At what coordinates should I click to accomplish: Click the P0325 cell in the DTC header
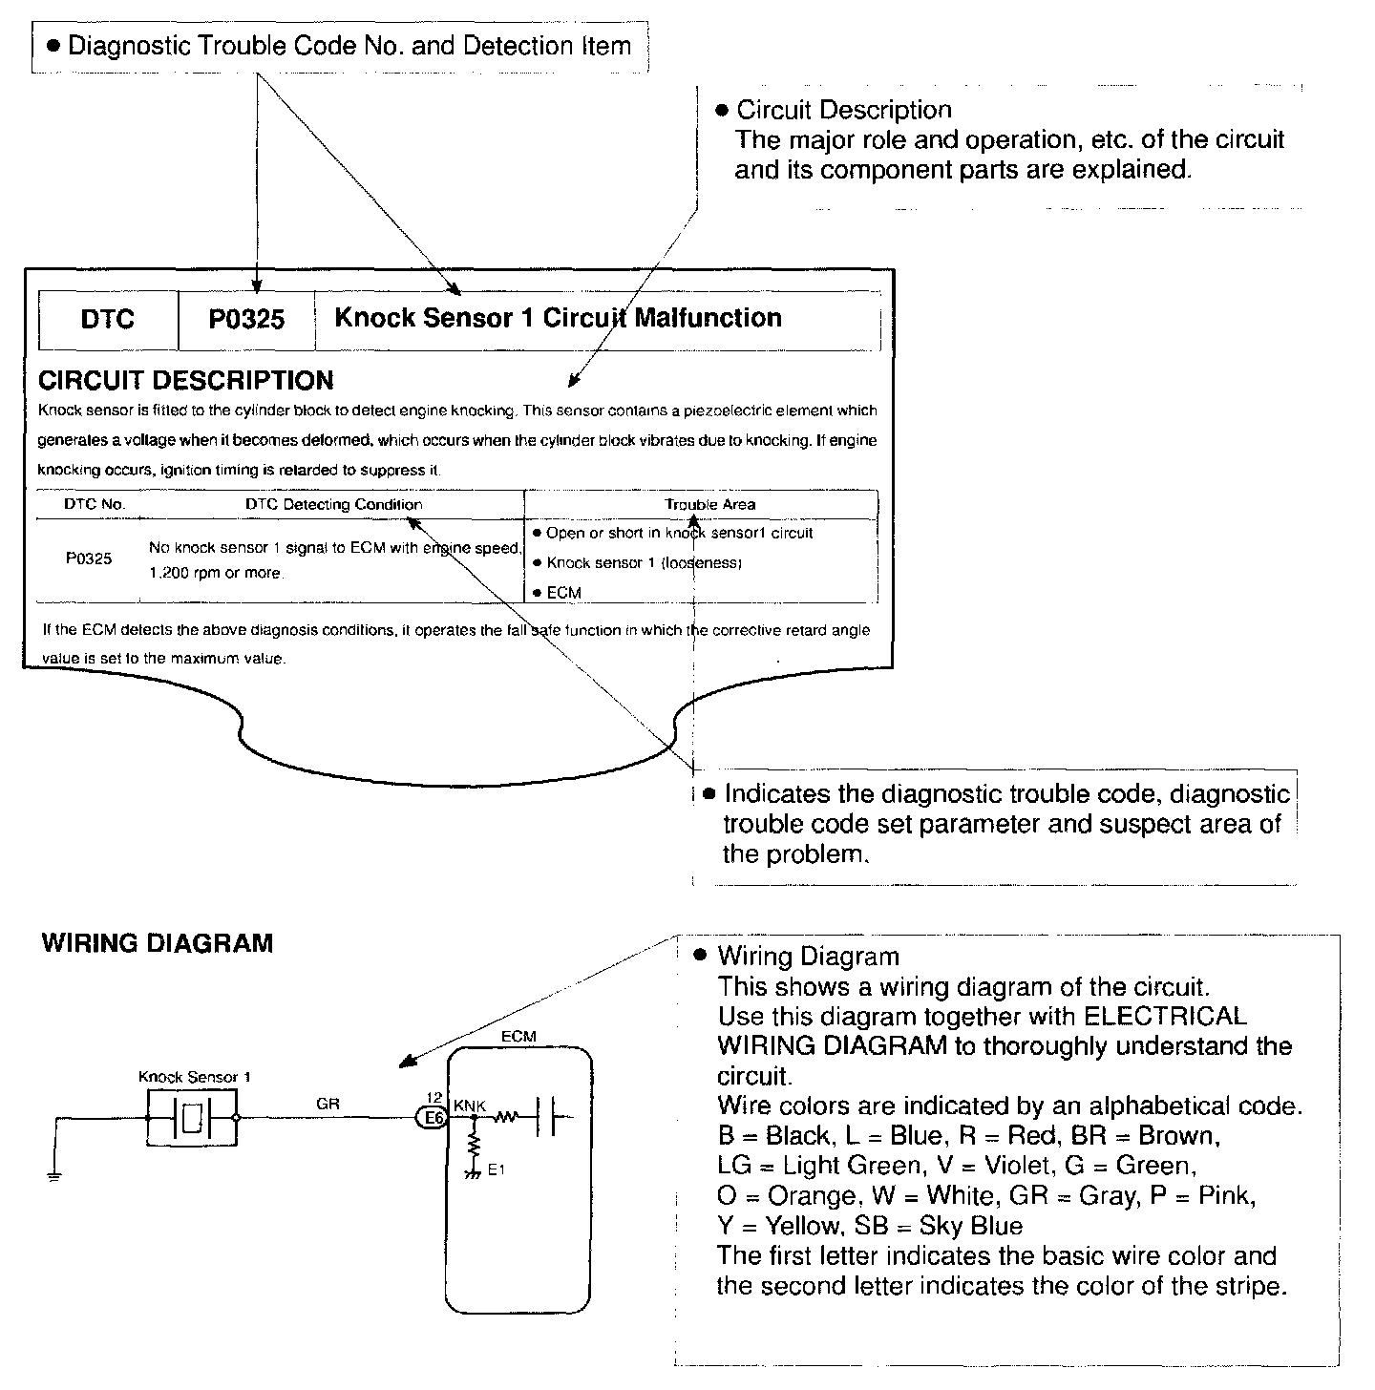coord(246,320)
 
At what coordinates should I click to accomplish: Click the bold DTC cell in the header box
coord(107,320)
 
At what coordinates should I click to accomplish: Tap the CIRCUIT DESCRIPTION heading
coord(185,381)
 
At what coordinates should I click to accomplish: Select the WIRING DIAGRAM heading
coord(158,944)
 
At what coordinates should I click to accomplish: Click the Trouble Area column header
coord(709,504)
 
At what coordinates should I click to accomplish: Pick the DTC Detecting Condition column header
coord(333,504)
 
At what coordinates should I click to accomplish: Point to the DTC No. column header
coord(95,504)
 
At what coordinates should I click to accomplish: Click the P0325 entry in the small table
coord(89,559)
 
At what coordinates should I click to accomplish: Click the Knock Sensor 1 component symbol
coord(192,1117)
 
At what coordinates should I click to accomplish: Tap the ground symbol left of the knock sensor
coord(54,1175)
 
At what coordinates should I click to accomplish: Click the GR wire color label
coord(328,1104)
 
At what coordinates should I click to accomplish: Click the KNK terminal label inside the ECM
coord(470,1106)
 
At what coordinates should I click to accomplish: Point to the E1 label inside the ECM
coord(496,1169)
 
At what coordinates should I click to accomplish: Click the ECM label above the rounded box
coord(518,1036)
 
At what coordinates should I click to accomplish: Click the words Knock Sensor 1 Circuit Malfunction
coord(558,318)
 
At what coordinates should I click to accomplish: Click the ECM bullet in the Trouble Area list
coord(563,593)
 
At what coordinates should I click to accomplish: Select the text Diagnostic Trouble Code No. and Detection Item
coord(349,46)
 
